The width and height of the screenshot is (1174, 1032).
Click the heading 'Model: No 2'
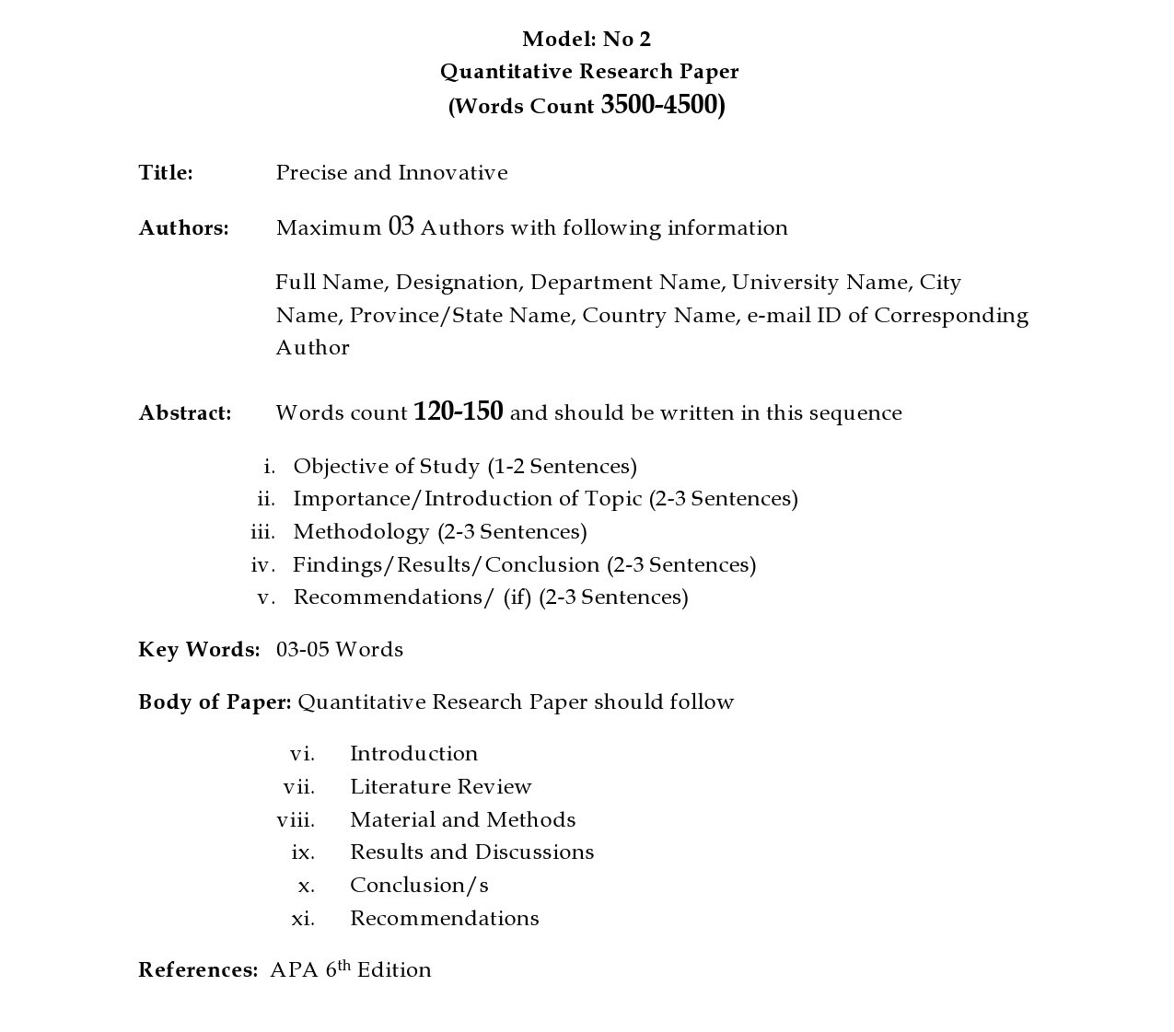(587, 39)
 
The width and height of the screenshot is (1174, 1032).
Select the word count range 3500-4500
(659, 105)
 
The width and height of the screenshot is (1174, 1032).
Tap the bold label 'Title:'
(166, 173)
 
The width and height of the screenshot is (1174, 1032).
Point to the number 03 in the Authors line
(401, 226)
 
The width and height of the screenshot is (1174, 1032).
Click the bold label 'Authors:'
(183, 228)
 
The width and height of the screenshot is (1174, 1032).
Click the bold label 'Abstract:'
(185, 413)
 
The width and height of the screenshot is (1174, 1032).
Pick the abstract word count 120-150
(459, 412)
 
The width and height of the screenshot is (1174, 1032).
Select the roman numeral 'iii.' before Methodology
(262, 532)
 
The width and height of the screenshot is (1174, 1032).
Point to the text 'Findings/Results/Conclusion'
(446, 565)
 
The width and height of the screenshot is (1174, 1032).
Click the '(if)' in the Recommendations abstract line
(517, 597)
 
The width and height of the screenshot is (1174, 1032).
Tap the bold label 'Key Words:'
(199, 650)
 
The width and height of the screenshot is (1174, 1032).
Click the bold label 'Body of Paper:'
(215, 702)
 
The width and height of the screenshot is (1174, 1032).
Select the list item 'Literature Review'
(440, 787)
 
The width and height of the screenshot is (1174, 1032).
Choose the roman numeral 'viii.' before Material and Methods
(296, 820)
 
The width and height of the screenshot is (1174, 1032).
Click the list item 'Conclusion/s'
(419, 886)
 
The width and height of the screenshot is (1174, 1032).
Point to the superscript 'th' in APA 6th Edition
(344, 964)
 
